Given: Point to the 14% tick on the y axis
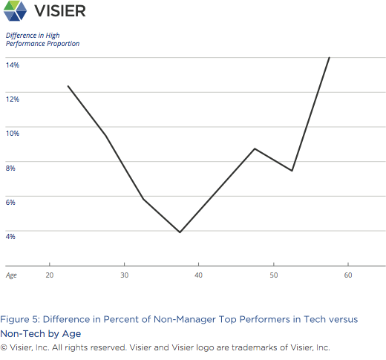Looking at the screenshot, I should (x=13, y=65).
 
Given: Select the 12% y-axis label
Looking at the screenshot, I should (x=13, y=99).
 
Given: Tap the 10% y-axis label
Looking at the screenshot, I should (x=13, y=133).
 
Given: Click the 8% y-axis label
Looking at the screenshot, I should (x=11, y=168).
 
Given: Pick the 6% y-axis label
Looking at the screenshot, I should (x=11, y=202).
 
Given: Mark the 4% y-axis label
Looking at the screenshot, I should (x=11, y=236).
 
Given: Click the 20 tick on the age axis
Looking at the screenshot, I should (x=49, y=275).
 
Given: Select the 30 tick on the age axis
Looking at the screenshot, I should (x=124, y=275).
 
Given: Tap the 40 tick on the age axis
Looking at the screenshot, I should (x=199, y=275).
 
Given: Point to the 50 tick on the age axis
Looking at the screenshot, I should (x=273, y=275).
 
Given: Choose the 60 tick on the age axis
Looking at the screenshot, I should (x=347, y=275).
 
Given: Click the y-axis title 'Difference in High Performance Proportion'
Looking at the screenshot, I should (x=42, y=39).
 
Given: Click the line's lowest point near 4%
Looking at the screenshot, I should (x=180, y=232).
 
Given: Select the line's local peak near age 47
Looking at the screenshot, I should (x=255, y=148).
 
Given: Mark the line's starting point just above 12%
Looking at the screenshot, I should (x=68, y=86).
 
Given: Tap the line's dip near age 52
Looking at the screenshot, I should (x=292, y=171).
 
